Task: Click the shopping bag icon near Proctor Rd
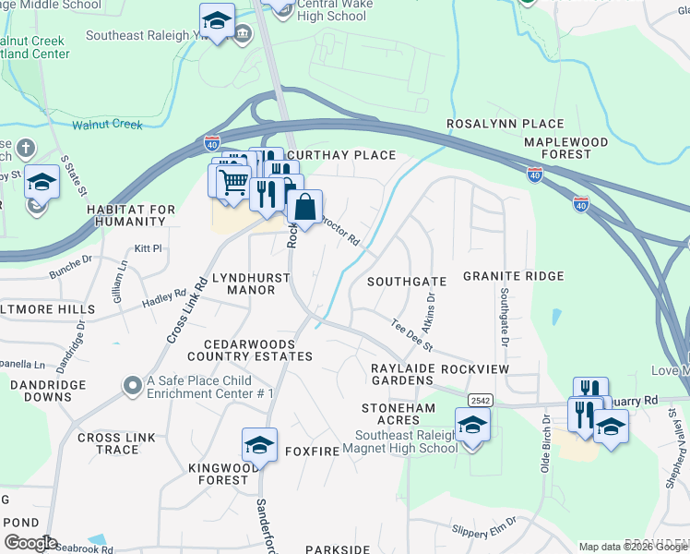[x=304, y=206]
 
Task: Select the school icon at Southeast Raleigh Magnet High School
[x=472, y=426]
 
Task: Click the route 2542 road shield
[x=479, y=400]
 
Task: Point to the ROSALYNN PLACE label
[x=505, y=124]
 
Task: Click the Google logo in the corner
[x=30, y=542]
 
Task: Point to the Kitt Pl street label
[x=148, y=248]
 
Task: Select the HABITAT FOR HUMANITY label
[x=131, y=216]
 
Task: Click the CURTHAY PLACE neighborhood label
[x=340, y=155]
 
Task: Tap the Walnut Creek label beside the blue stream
[x=108, y=124]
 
